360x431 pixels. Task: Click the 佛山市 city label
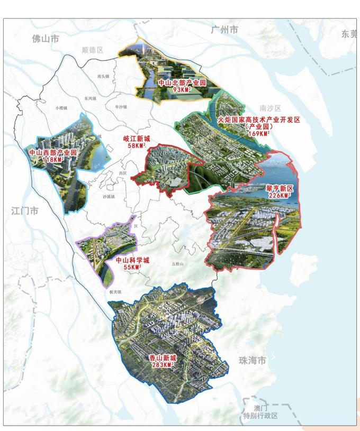click(45, 39)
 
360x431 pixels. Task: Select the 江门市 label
click(25, 210)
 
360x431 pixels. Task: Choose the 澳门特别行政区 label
click(260, 411)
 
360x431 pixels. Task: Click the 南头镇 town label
click(103, 76)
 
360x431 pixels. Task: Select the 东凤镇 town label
click(89, 98)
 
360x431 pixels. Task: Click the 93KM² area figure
click(175, 90)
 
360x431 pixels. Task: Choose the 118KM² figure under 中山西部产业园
click(53, 159)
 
